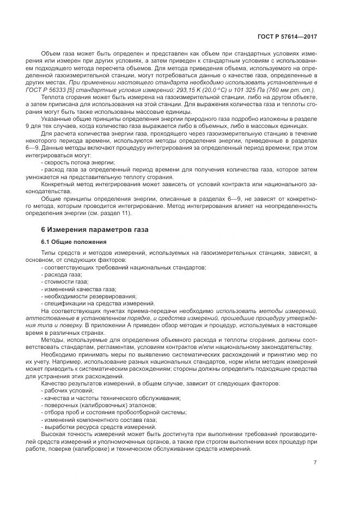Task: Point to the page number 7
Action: (x=315, y=463)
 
